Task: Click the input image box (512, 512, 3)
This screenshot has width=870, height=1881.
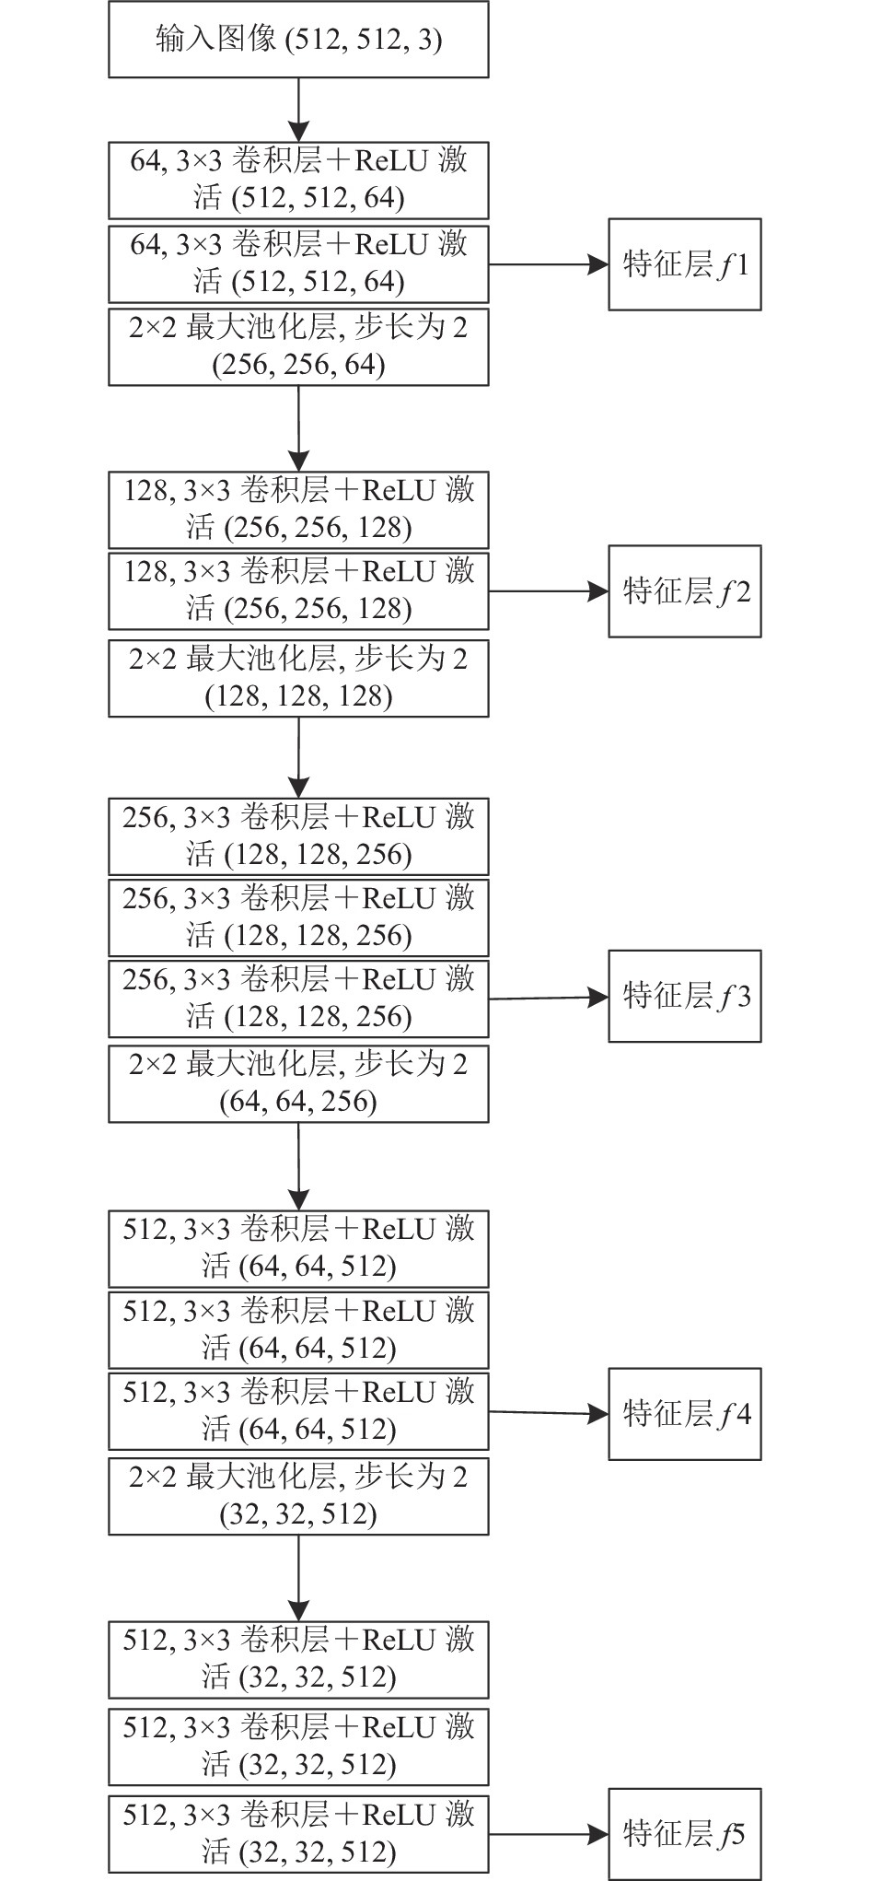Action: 298,39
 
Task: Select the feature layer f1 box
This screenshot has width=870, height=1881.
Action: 684,264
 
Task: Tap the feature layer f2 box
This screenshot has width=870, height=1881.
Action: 684,590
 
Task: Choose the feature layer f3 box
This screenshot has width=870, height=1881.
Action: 684,996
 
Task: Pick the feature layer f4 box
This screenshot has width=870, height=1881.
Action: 684,1413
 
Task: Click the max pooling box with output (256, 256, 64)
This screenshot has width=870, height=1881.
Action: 298,346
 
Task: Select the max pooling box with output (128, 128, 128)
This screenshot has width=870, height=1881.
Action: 298,678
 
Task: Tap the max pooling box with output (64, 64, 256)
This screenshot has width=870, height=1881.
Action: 298,1083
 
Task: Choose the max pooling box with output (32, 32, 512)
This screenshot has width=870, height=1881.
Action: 298,1496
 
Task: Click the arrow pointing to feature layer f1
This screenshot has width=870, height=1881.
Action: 549,264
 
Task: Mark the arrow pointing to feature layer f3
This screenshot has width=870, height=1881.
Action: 549,997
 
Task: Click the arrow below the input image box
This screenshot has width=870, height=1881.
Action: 298,110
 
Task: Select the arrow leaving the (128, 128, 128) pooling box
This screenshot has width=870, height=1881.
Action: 298,758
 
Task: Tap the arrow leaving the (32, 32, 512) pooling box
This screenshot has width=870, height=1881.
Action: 298,1579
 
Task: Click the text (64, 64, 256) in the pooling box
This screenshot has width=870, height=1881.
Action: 298,1102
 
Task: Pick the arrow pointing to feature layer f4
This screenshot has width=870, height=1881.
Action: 549,1412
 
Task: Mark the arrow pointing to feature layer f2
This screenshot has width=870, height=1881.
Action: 549,590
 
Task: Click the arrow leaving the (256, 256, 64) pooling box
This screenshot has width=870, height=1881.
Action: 298,428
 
